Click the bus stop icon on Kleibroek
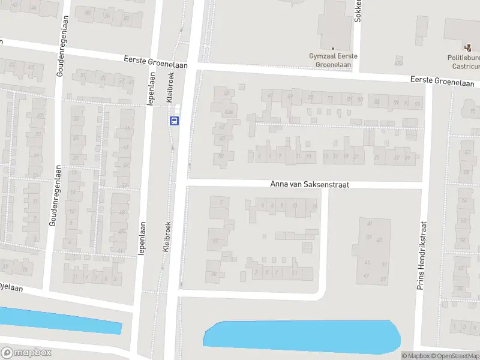(x=175, y=121)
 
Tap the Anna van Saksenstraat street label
(x=310, y=185)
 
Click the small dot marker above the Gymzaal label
(x=333, y=48)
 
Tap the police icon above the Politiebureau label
(x=467, y=47)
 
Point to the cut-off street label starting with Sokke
(x=358, y=11)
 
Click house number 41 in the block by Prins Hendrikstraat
(x=369, y=224)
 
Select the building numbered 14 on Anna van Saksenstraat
(x=315, y=206)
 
